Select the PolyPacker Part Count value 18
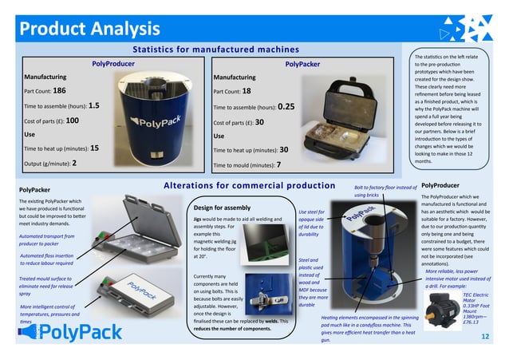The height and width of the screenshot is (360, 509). click(247, 91)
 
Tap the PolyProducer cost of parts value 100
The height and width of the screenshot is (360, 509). click(71, 120)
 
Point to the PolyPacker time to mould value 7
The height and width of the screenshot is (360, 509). click(278, 165)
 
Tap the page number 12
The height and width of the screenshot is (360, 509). click(485, 338)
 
